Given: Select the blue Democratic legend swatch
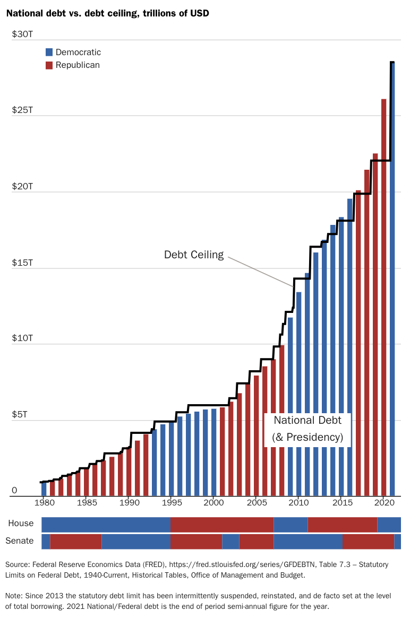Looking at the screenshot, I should point(49,52).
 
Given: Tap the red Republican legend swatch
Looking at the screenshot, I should point(49,65).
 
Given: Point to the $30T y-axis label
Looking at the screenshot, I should point(22,34).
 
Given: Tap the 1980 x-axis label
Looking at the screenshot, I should point(44,502).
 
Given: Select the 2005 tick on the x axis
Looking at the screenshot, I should point(256,502).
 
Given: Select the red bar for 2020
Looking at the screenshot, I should point(384,297).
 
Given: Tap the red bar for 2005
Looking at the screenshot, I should point(256,435).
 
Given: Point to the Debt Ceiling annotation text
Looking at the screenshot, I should point(194,255).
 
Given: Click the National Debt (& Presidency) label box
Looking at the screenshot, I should point(307,429).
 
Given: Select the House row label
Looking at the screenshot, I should point(21,524).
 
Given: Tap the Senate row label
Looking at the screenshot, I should point(20,541).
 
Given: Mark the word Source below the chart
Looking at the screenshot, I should point(18,565).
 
